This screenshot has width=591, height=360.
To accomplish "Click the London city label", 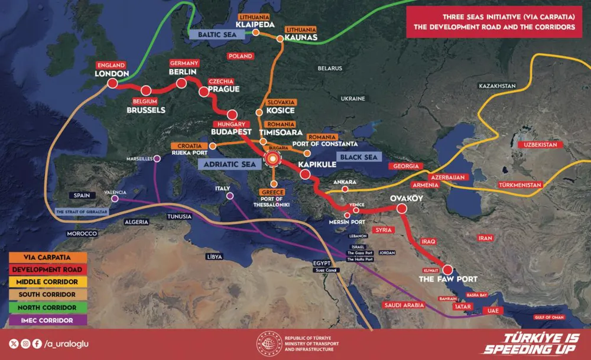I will click(112, 74).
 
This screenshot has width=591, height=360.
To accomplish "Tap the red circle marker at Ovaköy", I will click(402, 209).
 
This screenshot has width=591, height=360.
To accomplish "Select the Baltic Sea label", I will click(212, 35).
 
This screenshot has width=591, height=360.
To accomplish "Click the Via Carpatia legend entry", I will click(47, 258).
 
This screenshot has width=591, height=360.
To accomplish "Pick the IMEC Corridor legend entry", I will click(47, 320).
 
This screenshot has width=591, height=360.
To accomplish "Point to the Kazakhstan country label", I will click(497, 86).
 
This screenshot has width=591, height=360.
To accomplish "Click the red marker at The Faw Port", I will click(447, 269).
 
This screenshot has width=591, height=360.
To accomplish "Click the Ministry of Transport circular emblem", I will click(268, 345).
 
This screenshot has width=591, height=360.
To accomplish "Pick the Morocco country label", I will click(82, 234).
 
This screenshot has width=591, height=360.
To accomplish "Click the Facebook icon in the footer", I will click(37, 343).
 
